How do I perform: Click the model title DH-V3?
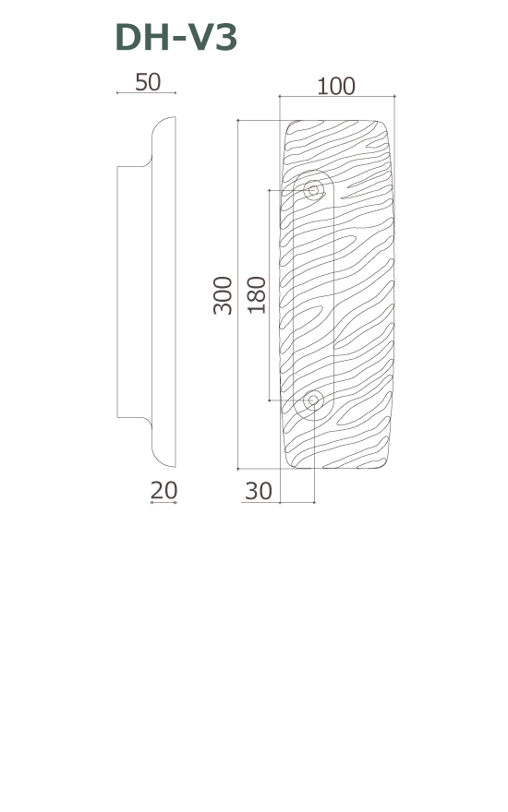176,37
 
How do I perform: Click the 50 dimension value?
148,82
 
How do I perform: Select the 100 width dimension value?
336,87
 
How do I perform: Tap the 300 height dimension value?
223,295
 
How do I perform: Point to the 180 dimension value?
257,295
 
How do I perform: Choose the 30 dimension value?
258,491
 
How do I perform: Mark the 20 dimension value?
163,490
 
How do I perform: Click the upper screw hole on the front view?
313,190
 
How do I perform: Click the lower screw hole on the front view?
313,400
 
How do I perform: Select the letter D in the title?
128,37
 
